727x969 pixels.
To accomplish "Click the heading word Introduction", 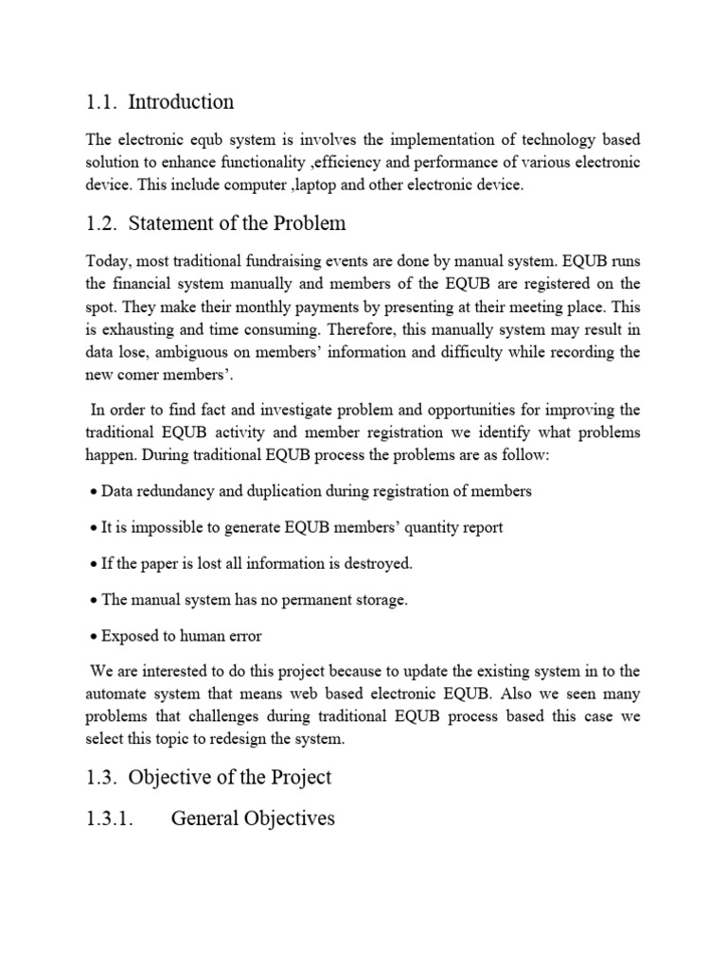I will [180, 101].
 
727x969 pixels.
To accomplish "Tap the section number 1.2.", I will [101, 223].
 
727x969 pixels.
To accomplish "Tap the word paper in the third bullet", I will [155, 563].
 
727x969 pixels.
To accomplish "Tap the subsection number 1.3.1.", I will [112, 818].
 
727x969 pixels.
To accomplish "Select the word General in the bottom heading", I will [204, 818].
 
